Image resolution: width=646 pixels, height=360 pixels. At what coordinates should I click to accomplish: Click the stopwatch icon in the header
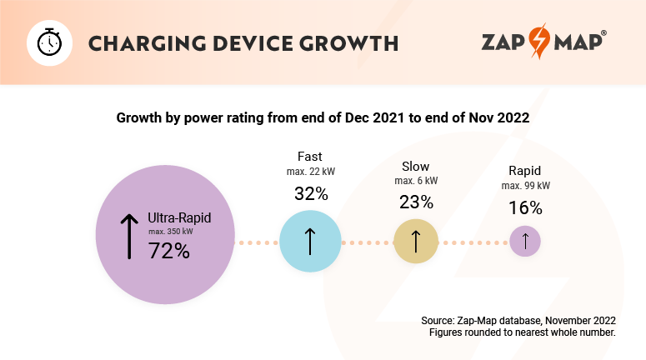pos(48,42)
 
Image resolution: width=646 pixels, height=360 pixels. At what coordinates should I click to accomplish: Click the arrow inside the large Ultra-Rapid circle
pos(128,235)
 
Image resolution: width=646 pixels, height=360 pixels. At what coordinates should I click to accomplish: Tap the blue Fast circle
pos(309,242)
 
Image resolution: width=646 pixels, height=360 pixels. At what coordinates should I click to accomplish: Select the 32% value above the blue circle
pos(311,194)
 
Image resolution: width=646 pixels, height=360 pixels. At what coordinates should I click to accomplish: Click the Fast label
pos(310,157)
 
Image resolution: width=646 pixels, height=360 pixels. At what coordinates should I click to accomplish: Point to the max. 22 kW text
pos(310,172)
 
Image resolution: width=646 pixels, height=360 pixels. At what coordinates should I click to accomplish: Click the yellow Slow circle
pos(416,242)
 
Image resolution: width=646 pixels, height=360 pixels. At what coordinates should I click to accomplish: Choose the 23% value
pos(416,202)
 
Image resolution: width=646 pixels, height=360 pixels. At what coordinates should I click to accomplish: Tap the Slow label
pos(416,167)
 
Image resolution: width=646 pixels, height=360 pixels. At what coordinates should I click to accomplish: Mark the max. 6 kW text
pos(416,181)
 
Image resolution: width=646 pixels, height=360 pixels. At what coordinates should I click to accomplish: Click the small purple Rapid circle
pos(525,242)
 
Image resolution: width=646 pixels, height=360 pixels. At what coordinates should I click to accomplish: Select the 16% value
pos(525,207)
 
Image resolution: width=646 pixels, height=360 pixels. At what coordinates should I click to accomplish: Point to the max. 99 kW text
pos(525,186)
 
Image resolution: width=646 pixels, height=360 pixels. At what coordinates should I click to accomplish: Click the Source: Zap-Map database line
pos(518,320)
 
